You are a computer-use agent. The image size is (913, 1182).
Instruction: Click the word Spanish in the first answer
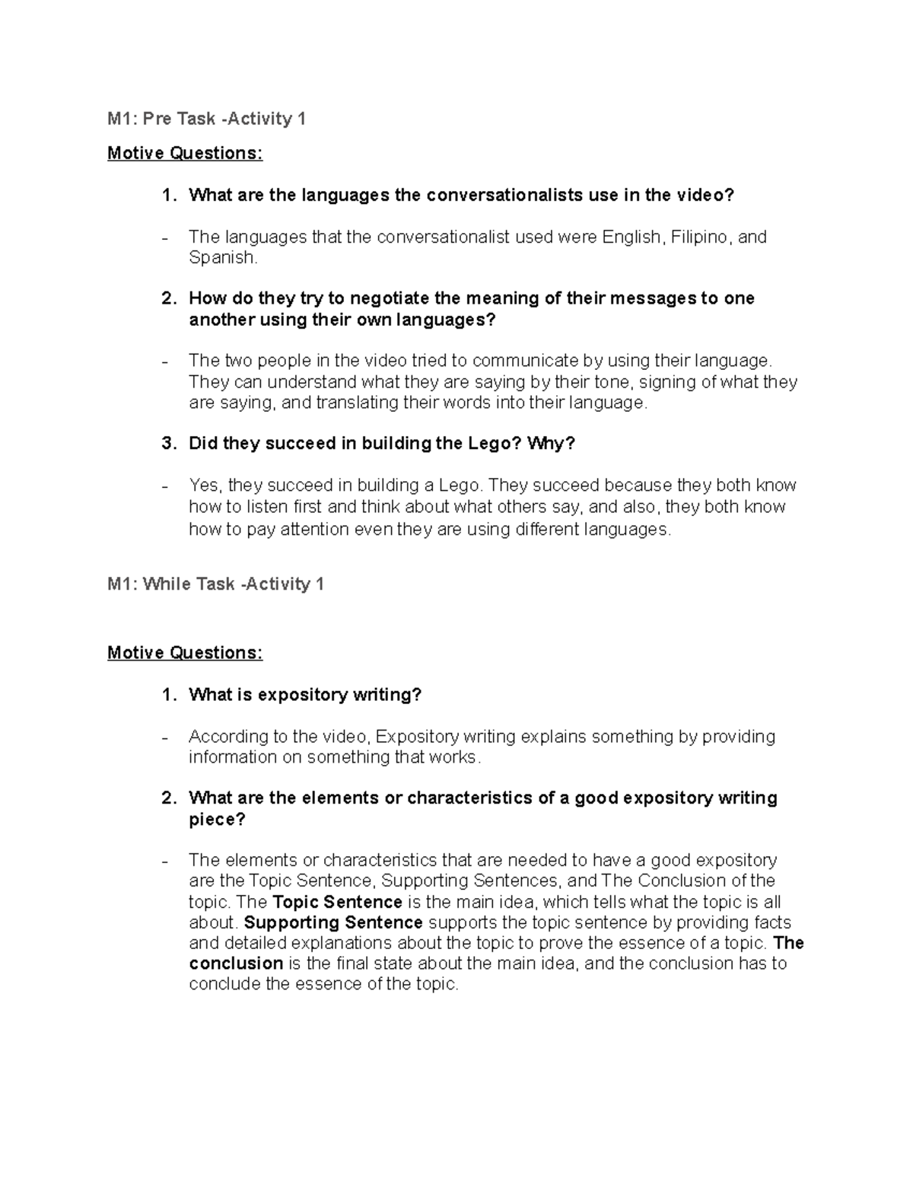point(222,257)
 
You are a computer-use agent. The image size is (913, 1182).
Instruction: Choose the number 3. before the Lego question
point(169,443)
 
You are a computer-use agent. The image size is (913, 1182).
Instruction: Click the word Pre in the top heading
point(149,119)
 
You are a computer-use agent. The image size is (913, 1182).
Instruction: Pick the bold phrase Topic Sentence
point(337,902)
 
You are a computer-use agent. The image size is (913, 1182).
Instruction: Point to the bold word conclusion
point(236,964)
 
